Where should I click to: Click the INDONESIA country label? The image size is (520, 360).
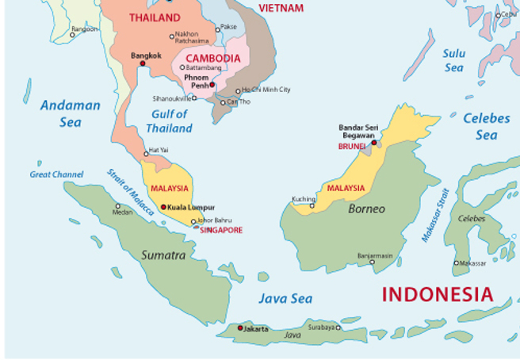tap(437, 294)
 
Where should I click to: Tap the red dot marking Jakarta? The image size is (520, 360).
tap(240, 327)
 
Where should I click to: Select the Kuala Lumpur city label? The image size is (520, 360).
tap(192, 208)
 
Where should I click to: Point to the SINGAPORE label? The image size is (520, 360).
tap(220, 230)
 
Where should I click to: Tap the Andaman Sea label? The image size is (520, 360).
tap(71, 113)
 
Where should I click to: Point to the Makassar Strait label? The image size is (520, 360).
tap(434, 214)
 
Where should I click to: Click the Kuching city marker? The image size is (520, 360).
tap(312, 206)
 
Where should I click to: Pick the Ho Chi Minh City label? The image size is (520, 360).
tap(266, 90)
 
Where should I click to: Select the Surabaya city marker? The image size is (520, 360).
tap(338, 327)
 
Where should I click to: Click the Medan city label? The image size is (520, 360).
tap(123, 213)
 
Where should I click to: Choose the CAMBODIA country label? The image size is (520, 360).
tap(212, 59)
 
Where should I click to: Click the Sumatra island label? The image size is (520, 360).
tap(163, 255)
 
